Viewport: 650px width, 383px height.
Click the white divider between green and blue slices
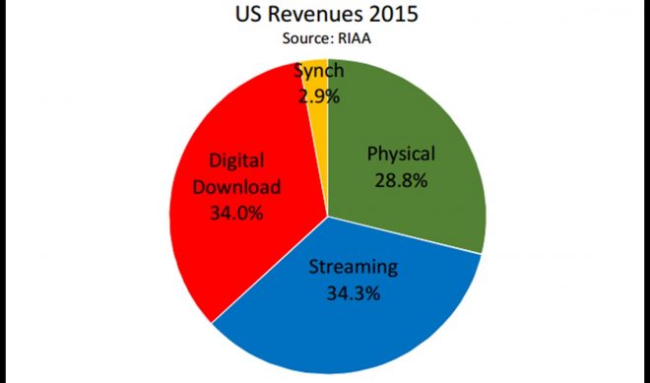pyautogui.click(x=404, y=234)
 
